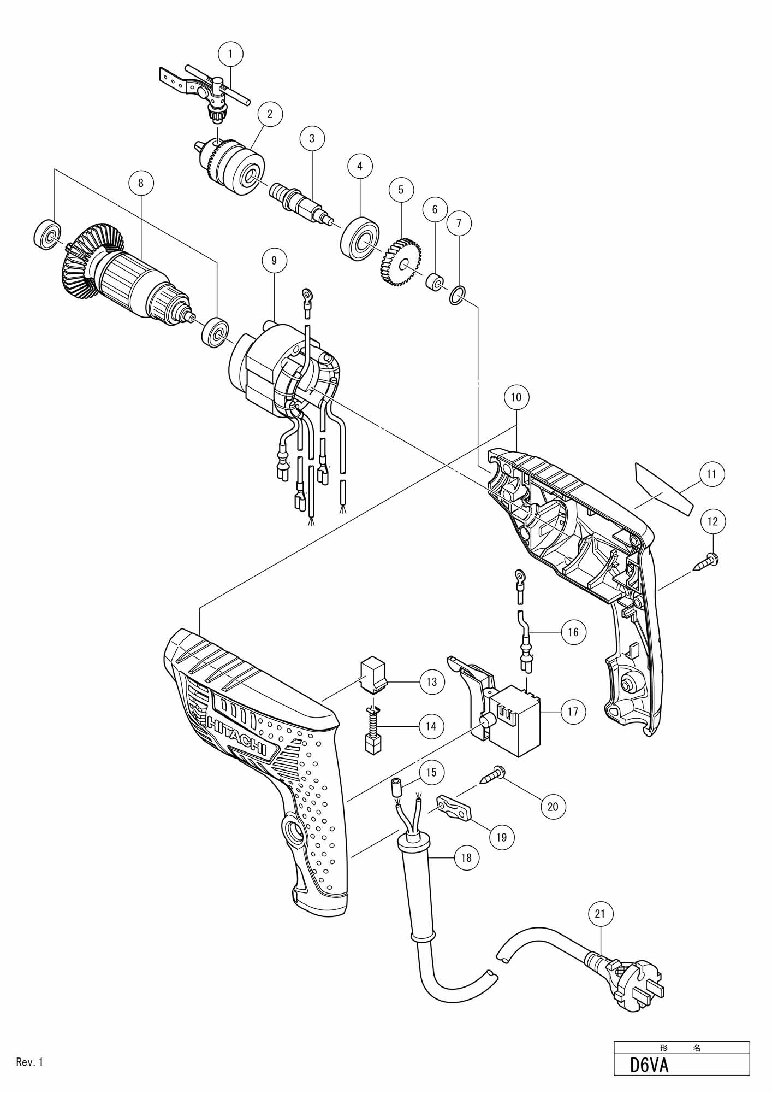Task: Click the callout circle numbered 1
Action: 230,54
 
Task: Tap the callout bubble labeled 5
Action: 401,190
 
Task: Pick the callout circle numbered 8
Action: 141,183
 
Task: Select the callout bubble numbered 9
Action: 274,261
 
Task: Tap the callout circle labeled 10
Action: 516,397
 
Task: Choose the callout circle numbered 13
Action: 432,681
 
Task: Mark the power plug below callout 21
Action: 628,988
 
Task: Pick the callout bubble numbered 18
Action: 466,857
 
